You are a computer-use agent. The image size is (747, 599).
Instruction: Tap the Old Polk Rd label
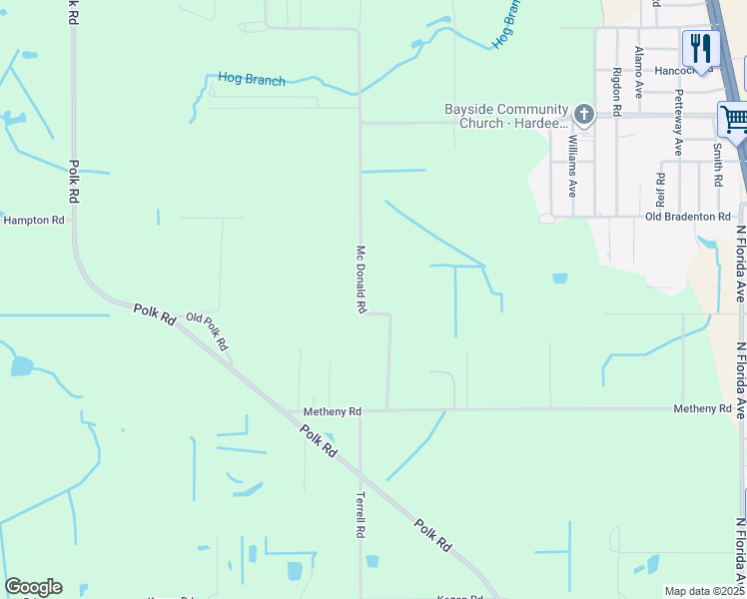pos(208,331)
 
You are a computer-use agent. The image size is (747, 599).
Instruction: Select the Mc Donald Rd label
pos(361,281)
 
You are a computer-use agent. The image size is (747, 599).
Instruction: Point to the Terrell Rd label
pos(361,515)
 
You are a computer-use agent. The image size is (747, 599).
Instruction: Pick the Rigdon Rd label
pos(617,92)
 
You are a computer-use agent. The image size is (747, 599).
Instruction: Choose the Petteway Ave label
pos(678,123)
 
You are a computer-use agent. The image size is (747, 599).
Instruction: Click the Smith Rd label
pos(717,166)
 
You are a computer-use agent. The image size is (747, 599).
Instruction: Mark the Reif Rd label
pos(660,191)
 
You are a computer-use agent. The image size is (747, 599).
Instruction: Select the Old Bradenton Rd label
pos(688,217)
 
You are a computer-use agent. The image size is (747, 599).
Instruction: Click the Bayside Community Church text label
pos(506,117)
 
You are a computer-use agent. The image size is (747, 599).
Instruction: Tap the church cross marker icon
pos(584,115)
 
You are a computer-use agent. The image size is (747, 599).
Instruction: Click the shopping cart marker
pos(734,121)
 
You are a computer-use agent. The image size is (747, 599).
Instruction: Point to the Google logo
pos(33,587)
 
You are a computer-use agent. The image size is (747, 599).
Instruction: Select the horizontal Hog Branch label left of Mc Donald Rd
pos(252,80)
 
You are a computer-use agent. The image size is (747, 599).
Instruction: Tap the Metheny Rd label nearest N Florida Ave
pos(702,409)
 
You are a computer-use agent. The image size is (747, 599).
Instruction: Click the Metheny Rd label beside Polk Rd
pos(333,411)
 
